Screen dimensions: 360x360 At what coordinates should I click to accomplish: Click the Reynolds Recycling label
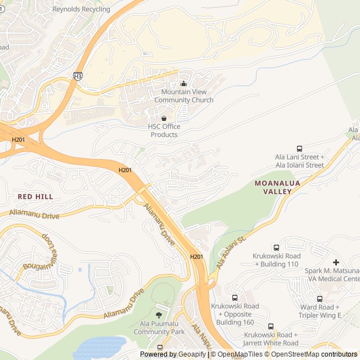tap(81, 10)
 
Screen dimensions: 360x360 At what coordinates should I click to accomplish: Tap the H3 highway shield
tap(78, 75)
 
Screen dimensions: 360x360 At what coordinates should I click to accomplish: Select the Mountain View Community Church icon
tap(183, 84)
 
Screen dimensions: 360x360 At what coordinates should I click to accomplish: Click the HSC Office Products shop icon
tap(164, 119)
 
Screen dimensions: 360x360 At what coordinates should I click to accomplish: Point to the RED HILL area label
tap(35, 196)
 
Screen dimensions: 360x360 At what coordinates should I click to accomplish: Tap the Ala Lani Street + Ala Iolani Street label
tap(299, 161)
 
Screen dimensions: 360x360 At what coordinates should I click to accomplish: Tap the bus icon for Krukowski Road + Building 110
tap(276, 247)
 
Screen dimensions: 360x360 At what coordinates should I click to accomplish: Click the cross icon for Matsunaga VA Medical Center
tap(336, 262)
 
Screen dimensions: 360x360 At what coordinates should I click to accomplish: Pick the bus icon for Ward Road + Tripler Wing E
tap(319, 299)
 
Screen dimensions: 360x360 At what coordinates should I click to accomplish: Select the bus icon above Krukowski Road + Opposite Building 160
tap(235, 298)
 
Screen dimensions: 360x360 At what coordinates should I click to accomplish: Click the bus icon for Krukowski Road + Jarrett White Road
tap(271, 326)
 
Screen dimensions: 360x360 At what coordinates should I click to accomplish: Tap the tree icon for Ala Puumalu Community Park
tap(159, 315)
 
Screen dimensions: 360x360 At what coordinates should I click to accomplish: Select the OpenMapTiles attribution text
tap(239, 354)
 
